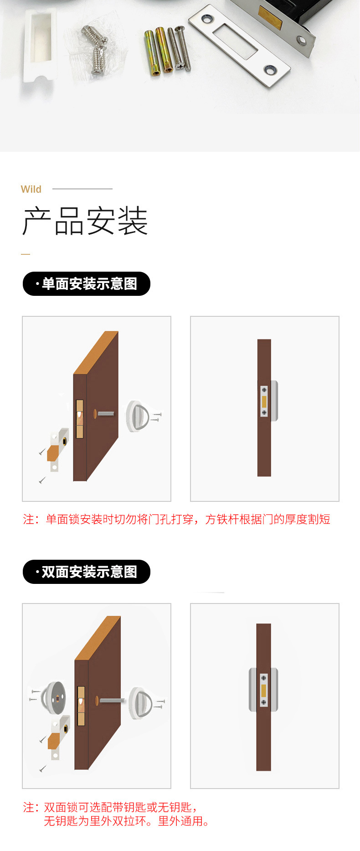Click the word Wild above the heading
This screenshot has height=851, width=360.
point(31,189)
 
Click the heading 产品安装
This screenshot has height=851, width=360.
point(85,221)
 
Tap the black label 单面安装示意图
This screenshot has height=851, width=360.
point(87,284)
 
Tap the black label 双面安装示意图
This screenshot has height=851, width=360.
point(87,572)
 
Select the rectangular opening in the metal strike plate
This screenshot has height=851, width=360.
point(236,41)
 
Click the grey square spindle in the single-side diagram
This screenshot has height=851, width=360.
point(105,414)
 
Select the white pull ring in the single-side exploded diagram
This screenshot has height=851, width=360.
point(137,415)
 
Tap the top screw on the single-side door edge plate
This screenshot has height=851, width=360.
point(264,390)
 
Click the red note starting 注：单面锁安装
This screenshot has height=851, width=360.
point(176,519)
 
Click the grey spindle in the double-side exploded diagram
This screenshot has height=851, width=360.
point(111,700)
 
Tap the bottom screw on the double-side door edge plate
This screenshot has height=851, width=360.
point(263,702)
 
